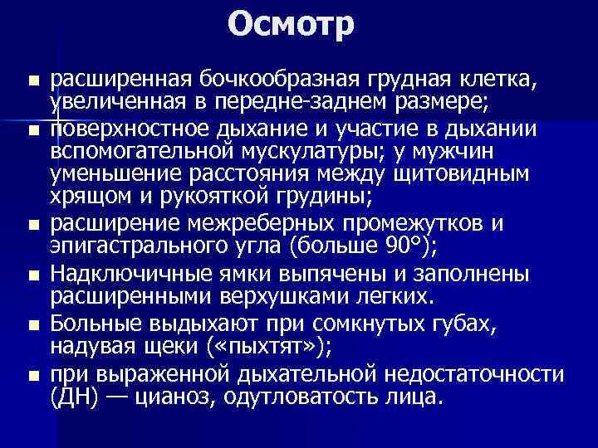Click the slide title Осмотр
tap(292, 25)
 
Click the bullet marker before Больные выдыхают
tap(32, 320)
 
